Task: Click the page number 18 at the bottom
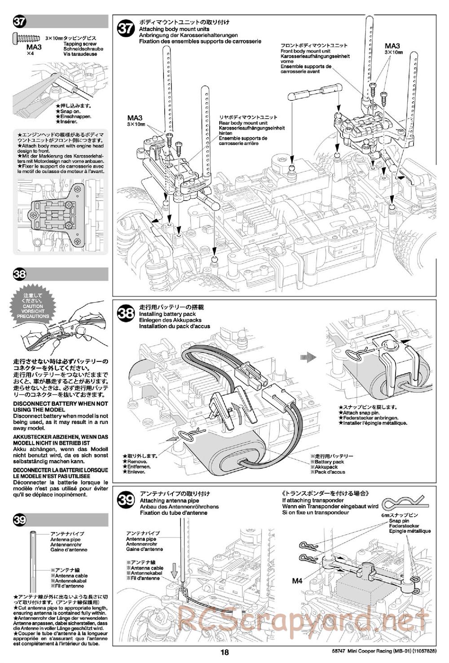tap(224, 653)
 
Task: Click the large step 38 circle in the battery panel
tap(126, 313)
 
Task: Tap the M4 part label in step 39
tap(297, 580)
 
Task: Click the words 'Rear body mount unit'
tap(243, 123)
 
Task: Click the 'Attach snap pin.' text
tap(361, 413)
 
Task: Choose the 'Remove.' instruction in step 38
tap(137, 461)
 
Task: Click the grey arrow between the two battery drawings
tap(308, 357)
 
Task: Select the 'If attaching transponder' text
tap(313, 501)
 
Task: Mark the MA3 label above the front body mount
tap(392, 46)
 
